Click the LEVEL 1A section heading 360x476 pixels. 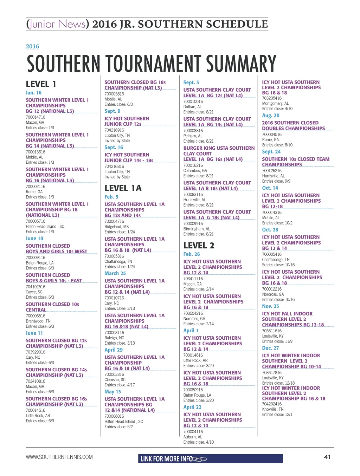[x=123, y=188]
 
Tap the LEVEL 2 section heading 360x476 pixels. [x=199, y=246]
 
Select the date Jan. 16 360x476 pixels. [x=33, y=93]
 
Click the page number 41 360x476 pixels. [x=327, y=457]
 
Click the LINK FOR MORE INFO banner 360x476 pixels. [x=210, y=459]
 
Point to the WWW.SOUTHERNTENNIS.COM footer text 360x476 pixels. [x=59, y=457]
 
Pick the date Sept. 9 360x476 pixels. [x=112, y=111]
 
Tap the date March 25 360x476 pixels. [x=115, y=273]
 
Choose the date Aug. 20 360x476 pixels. [x=271, y=115]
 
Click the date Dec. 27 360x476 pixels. [x=270, y=348]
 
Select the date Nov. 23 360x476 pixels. [x=270, y=306]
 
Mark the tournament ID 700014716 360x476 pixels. [x=36, y=117]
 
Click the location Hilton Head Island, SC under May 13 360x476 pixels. [x=123, y=422]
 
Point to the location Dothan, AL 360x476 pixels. [x=192, y=107]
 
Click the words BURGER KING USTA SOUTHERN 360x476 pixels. [x=219, y=148]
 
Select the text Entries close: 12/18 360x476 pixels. [x=278, y=383]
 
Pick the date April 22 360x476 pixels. [x=192, y=407]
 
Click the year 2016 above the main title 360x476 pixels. [x=32, y=46]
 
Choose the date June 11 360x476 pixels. [x=34, y=333]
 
